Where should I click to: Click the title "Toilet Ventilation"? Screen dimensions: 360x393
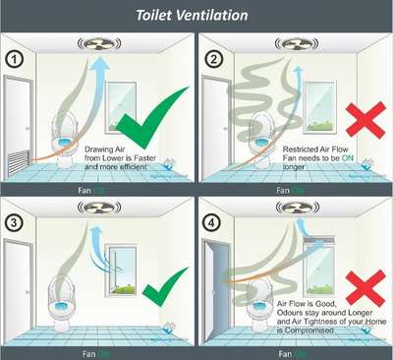click(x=196, y=14)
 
